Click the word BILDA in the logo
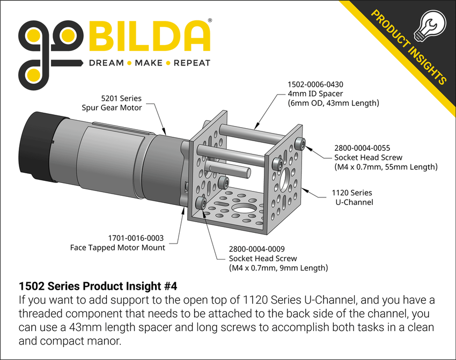tap(150, 36)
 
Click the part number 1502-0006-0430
tap(315, 84)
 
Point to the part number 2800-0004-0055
tap(362, 148)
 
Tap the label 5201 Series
tap(121, 98)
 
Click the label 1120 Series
tap(352, 193)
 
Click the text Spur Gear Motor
tap(112, 108)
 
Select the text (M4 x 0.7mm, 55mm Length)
tap(385, 167)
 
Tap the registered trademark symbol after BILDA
tap(209, 20)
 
